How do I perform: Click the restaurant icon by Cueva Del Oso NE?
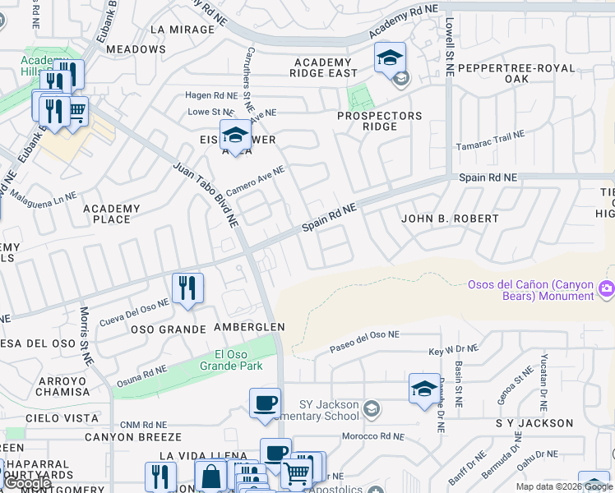(x=187, y=288)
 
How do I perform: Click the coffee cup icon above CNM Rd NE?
(x=265, y=403)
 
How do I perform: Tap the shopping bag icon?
(x=210, y=476)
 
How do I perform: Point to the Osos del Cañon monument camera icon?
(x=607, y=287)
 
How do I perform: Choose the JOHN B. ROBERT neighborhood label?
(x=450, y=219)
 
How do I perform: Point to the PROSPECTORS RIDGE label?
(x=380, y=122)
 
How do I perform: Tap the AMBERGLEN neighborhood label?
(x=249, y=327)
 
